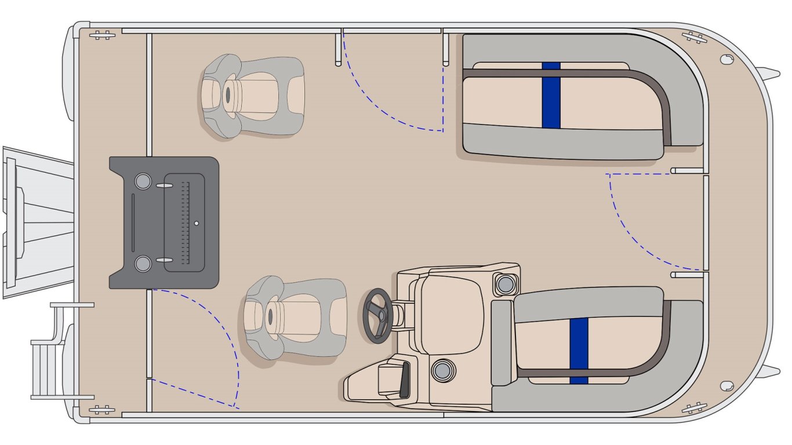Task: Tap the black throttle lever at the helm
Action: click(x=404, y=380)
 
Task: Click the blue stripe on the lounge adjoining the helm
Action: click(x=579, y=351)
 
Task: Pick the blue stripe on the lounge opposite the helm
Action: click(x=551, y=94)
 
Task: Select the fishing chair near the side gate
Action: click(x=253, y=96)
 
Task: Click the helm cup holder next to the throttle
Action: click(x=443, y=370)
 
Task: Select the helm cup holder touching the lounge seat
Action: click(x=504, y=284)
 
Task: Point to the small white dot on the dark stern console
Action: click(x=197, y=222)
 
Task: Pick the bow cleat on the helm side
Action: click(x=694, y=407)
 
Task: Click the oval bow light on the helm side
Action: click(x=725, y=385)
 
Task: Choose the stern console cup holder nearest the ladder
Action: click(x=142, y=264)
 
